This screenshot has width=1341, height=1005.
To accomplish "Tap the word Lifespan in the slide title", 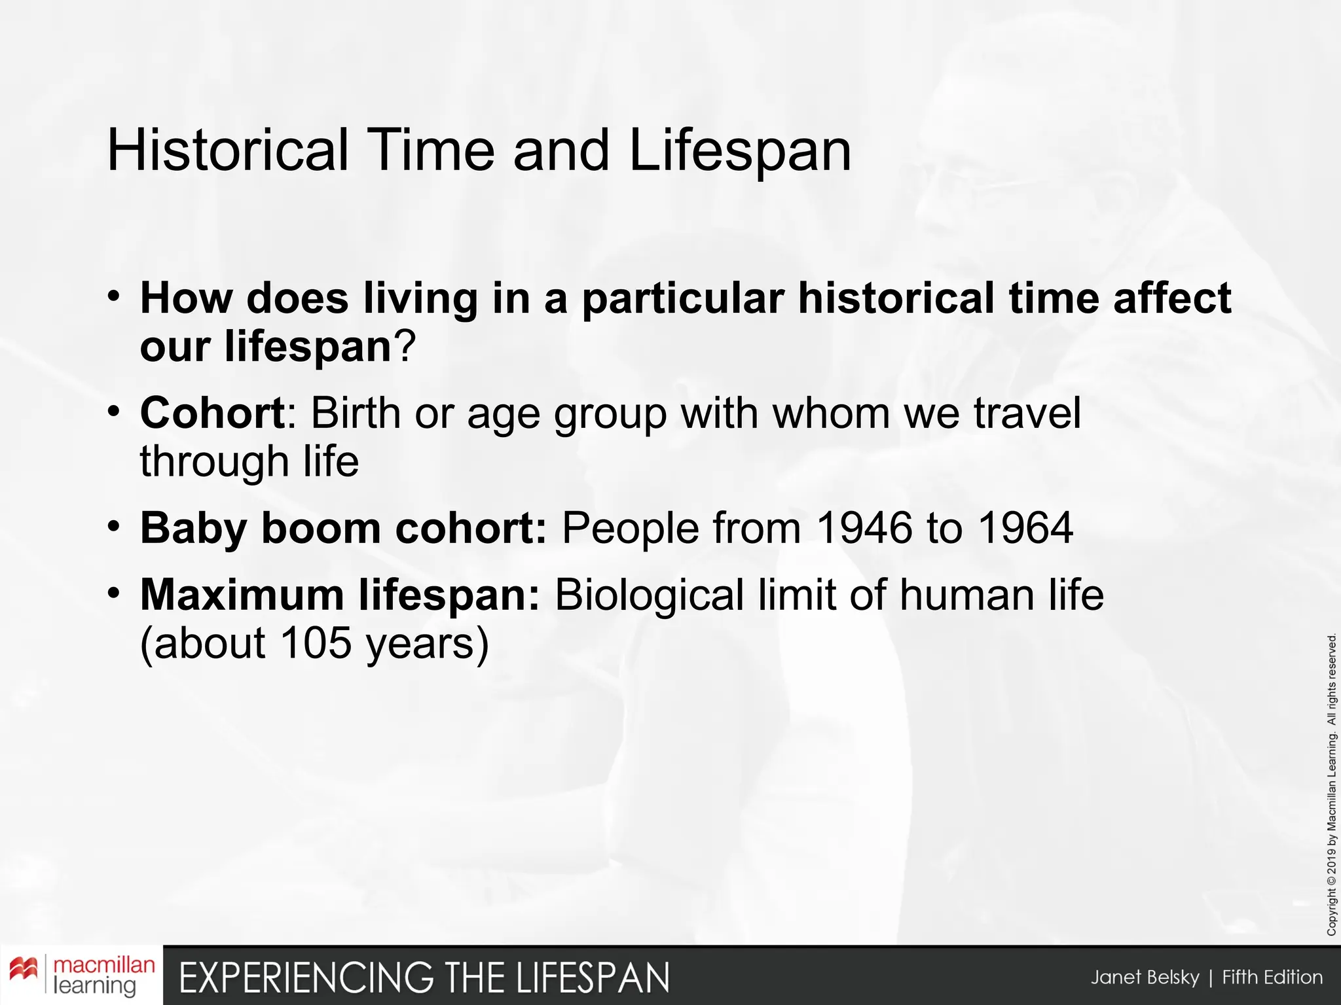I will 740,152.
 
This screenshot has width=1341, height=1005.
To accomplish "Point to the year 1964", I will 1025,528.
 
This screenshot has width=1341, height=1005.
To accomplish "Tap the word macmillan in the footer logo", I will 104,966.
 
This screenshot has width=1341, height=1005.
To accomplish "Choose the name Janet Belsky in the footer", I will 1145,978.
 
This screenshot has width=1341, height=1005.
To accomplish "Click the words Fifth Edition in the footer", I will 1272,978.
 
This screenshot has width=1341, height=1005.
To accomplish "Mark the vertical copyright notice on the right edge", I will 1332,785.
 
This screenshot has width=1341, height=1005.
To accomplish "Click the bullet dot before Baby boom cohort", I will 115,526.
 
